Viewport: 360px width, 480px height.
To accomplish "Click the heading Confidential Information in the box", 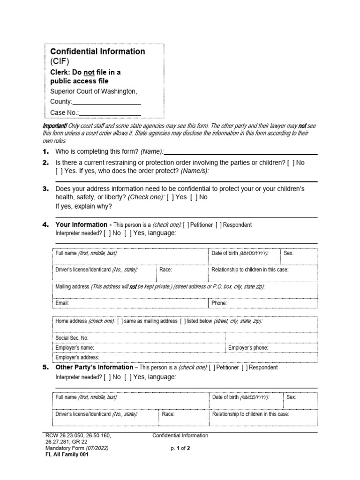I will tap(97, 52).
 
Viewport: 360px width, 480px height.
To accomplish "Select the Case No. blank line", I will tap(111, 112).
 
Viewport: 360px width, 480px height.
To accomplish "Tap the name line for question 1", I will tap(241, 152).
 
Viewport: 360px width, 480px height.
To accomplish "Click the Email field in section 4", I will tap(131, 303).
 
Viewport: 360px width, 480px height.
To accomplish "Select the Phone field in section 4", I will tap(262, 303).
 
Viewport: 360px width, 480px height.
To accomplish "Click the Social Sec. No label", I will tap(72, 338).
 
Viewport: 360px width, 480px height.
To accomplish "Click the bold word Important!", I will tap(55, 126).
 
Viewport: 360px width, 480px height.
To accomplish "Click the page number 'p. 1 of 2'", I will tap(180, 448).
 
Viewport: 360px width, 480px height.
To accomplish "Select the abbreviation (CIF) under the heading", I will tap(60, 61).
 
